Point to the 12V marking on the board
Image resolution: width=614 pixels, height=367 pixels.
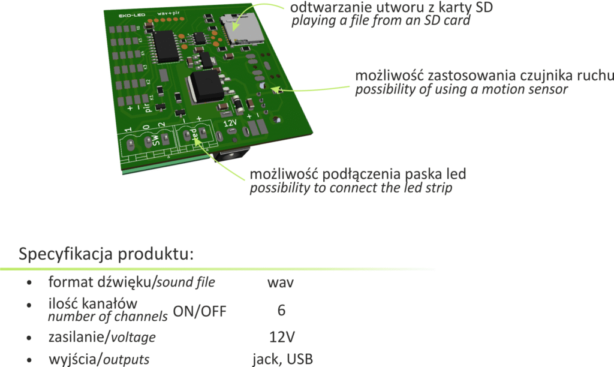(230, 122)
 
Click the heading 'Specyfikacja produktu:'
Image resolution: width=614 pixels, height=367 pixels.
(107, 254)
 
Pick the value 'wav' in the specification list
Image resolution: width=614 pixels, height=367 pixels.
(281, 282)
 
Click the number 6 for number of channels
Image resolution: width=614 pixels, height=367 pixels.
(281, 310)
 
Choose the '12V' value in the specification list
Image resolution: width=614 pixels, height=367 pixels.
(282, 336)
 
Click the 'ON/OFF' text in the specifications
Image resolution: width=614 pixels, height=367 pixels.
(200, 311)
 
